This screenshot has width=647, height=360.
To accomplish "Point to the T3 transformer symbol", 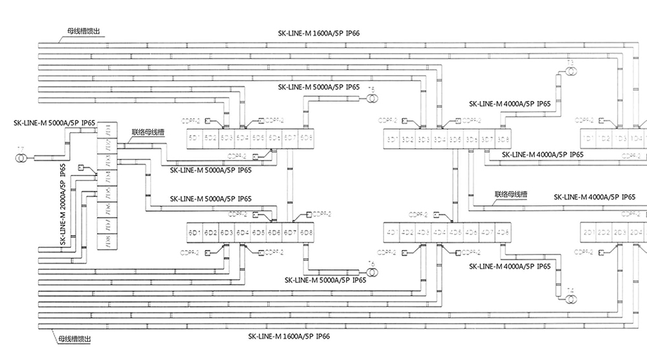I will (x=570, y=69).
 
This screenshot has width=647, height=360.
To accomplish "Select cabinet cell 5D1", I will (x=193, y=138).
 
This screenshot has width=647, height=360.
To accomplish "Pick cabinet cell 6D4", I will (x=242, y=232).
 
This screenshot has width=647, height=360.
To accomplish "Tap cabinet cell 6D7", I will (x=291, y=232).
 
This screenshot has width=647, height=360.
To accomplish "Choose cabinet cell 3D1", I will (x=391, y=139).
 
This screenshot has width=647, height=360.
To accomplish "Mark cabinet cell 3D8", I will (x=503, y=139).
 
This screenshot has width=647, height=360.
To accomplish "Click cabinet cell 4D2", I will (x=408, y=232).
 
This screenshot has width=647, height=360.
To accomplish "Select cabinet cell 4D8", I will (x=503, y=232).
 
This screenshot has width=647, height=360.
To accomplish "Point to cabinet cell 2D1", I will (x=588, y=232).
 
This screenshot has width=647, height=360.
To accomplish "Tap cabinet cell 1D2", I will (x=604, y=139).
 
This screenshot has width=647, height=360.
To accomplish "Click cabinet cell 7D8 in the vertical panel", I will (x=107, y=242).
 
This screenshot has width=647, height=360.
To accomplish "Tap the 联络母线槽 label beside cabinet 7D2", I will (x=149, y=131).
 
